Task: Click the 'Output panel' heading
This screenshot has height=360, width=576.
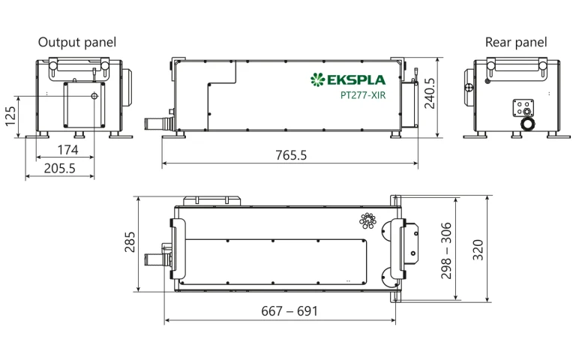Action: point(77,42)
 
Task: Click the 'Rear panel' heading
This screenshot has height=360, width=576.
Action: point(516,42)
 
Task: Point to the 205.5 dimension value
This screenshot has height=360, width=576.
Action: point(59,169)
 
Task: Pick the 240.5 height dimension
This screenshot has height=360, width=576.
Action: point(430,92)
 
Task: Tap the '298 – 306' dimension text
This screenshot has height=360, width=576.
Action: point(446,250)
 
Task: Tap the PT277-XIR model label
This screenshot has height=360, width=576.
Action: point(363,95)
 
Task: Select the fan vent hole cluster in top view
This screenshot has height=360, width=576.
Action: point(367,220)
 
